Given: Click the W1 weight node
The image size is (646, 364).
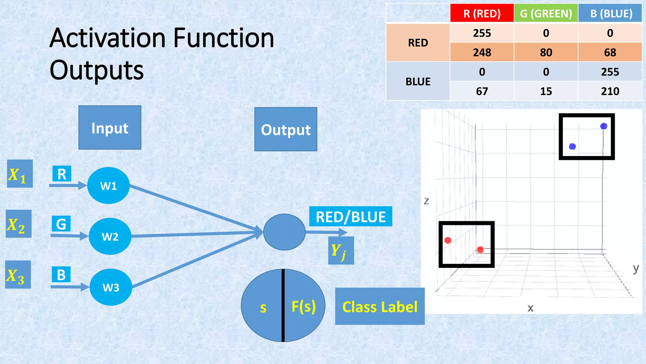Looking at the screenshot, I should [x=109, y=185].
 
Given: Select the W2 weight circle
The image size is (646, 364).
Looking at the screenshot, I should [x=110, y=236].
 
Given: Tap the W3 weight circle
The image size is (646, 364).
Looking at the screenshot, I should [x=111, y=287].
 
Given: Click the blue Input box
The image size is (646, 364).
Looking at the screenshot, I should [x=110, y=128].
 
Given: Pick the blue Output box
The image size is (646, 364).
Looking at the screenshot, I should [x=286, y=129].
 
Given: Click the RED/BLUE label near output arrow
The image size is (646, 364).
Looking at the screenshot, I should [x=350, y=217].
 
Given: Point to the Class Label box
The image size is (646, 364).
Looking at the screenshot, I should [x=380, y=306].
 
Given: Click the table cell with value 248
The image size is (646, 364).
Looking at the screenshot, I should [x=482, y=52].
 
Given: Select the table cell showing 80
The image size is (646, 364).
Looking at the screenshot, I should [x=546, y=52].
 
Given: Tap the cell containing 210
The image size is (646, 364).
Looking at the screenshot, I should [x=610, y=91].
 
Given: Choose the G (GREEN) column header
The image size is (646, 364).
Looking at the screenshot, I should [x=546, y=14].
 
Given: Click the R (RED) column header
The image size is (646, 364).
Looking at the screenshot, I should [x=482, y=14].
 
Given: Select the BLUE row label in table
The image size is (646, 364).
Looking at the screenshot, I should [x=418, y=82].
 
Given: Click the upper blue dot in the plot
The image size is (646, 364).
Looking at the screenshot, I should [x=603, y=126].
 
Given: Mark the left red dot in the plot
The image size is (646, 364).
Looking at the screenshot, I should [x=448, y=240].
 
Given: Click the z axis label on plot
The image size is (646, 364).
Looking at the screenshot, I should [x=426, y=201].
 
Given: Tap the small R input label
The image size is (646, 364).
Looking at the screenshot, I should [x=62, y=174].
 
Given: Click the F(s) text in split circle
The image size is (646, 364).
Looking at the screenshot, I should [x=303, y=306].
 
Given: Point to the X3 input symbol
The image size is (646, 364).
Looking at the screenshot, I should [x=18, y=275].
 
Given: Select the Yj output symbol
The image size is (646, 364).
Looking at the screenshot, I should [x=341, y=251].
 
